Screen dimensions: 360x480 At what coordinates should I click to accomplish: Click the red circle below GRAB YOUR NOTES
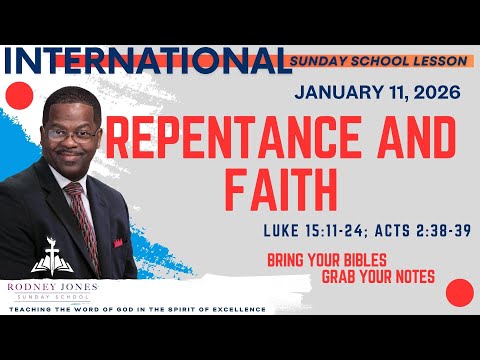458,293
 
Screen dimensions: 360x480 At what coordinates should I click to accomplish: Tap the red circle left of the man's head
18,96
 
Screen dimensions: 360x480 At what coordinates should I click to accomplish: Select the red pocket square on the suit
117,242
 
